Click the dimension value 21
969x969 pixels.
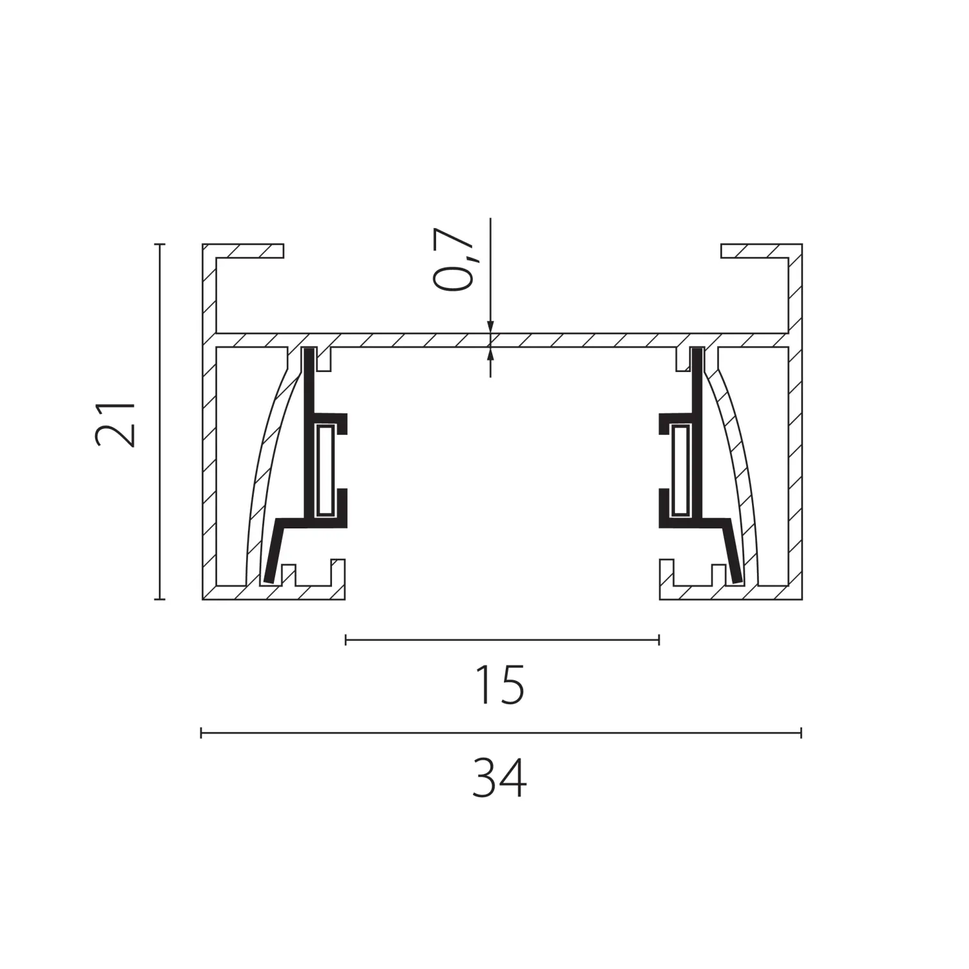pyautogui.click(x=115, y=424)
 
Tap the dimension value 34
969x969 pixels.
pyautogui.click(x=499, y=778)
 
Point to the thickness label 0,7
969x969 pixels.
pyautogui.click(x=453, y=260)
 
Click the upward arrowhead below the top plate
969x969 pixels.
pyautogui.click(x=490, y=354)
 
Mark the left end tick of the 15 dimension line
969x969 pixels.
pyautogui.click(x=346, y=640)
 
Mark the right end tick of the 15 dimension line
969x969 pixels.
pyautogui.click(x=659, y=640)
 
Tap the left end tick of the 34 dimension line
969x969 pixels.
pyautogui.click(x=202, y=733)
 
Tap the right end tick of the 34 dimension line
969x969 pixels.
pyautogui.click(x=801, y=733)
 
